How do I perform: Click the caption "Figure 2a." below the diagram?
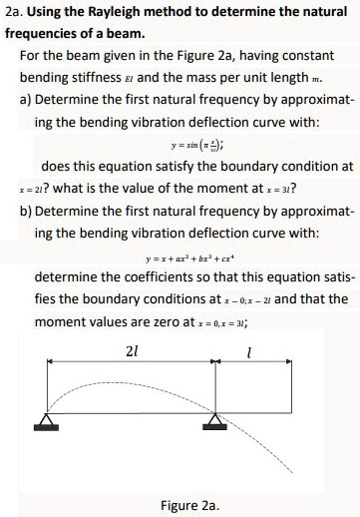[188, 504]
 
